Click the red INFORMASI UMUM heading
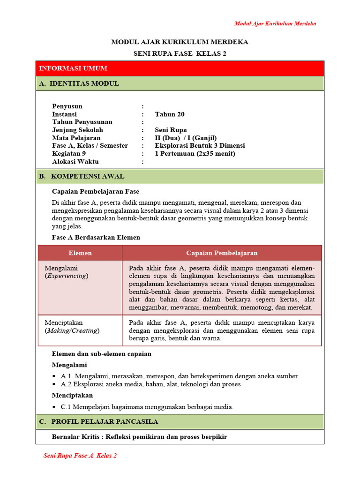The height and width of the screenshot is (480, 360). (73, 68)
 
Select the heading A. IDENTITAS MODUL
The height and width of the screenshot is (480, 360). (79, 83)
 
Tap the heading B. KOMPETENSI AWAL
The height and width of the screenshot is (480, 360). (82, 176)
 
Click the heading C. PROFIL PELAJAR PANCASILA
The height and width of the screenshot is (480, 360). (98, 421)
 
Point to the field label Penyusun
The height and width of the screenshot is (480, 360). (67, 106)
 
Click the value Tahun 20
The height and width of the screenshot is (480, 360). (170, 114)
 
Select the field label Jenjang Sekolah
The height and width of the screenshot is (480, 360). (77, 130)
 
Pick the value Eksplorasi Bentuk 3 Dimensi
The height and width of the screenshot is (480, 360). (200, 146)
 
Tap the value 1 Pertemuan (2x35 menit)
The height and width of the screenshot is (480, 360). (195, 154)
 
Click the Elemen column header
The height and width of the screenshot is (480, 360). (80, 253)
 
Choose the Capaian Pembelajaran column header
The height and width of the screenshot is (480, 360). (222, 253)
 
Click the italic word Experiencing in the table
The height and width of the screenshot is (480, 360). (67, 276)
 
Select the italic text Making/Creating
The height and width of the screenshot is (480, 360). (72, 330)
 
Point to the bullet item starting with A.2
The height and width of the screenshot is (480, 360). (150, 384)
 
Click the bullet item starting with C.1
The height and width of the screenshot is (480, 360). (147, 407)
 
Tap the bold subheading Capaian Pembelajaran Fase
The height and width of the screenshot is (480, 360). (95, 191)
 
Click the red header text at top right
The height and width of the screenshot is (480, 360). (275, 24)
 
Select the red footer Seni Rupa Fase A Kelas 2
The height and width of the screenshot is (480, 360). (80, 456)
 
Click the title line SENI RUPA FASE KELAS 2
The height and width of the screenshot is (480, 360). (180, 54)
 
